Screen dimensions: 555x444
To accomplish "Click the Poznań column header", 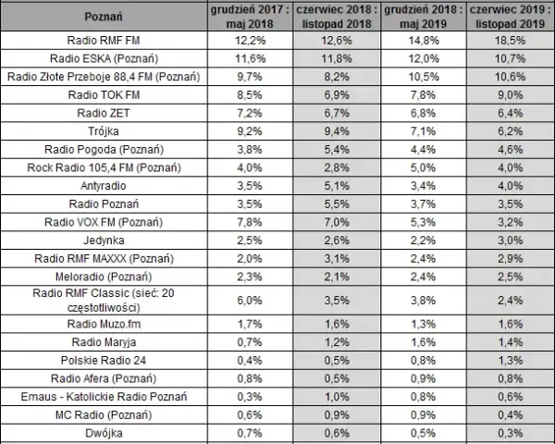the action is click(x=104, y=17).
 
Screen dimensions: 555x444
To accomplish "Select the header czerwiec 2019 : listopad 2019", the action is click(x=510, y=17).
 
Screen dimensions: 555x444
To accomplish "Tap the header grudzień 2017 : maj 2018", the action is click(x=250, y=17).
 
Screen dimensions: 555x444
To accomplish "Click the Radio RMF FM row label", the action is click(x=104, y=41).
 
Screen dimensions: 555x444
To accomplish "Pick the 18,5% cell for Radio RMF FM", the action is click(x=510, y=41).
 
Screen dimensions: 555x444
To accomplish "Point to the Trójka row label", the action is click(x=104, y=131).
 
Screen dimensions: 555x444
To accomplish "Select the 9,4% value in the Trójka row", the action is click(x=337, y=131).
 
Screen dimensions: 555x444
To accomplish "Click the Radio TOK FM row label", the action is click(x=104, y=95).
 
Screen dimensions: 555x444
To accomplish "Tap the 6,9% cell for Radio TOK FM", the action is click(x=337, y=95).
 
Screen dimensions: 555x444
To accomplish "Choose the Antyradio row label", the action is click(x=104, y=186).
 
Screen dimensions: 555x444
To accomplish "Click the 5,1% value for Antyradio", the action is click(x=337, y=186).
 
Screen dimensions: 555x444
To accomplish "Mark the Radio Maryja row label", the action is click(x=104, y=342).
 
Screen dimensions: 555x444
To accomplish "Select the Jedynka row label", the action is click(x=104, y=240).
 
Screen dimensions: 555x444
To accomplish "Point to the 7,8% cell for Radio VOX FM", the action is click(x=250, y=222).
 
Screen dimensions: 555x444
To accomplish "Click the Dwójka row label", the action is click(x=104, y=433).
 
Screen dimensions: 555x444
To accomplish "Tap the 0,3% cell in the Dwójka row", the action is click(x=510, y=433).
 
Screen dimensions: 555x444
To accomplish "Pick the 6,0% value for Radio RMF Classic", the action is click(x=250, y=301).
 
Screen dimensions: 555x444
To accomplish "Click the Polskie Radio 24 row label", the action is click(x=104, y=361).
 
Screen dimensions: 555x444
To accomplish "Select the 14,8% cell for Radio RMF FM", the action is click(x=424, y=41).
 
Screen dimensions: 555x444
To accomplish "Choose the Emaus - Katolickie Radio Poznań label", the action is click(x=104, y=397).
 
